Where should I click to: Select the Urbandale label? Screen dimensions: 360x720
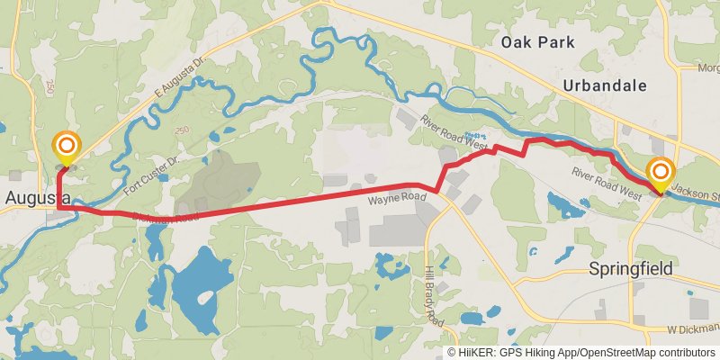tap(603, 85)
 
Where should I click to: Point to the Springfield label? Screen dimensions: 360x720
tap(630, 268)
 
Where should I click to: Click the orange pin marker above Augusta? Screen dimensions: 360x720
tap(66, 147)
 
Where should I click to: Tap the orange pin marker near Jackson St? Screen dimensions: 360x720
tap(661, 172)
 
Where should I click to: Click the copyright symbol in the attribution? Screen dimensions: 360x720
tap(452, 352)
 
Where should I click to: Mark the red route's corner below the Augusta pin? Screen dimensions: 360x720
tap(58, 208)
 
